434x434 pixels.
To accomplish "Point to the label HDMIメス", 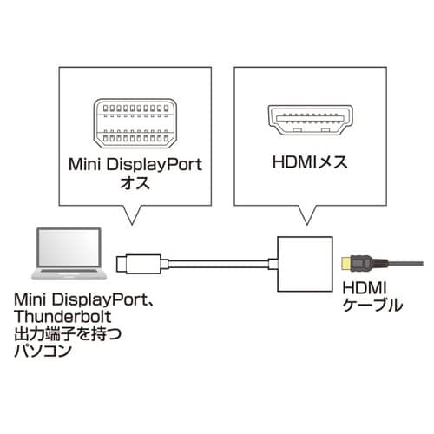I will (x=307, y=165).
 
